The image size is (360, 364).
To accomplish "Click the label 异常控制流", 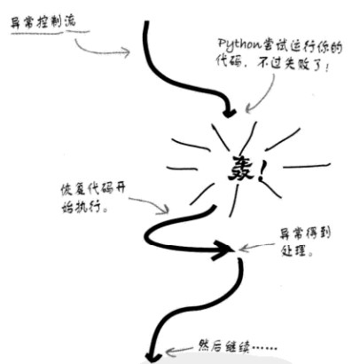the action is [x=43, y=22].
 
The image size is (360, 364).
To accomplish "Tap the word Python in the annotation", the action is [x=239, y=45].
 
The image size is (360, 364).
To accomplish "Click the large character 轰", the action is [x=241, y=169].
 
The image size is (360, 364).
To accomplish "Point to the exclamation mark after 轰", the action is [x=262, y=172].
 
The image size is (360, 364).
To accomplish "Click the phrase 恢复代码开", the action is [x=93, y=189].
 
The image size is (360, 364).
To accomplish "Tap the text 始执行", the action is [x=84, y=207].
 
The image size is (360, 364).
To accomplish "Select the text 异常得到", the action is [x=305, y=233].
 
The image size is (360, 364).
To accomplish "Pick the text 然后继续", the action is [x=224, y=346].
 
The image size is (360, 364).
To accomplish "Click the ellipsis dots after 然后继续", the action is [x=264, y=347].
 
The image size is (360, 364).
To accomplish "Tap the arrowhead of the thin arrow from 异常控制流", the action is [x=126, y=52].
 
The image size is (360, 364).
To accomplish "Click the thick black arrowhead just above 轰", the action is [x=229, y=113].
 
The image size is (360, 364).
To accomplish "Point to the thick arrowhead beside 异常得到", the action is [x=223, y=250].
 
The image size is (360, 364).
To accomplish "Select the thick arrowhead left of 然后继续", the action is [x=153, y=357].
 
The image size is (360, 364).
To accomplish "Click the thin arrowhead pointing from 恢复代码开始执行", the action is [x=165, y=210].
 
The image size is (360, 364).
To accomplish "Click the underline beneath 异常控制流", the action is [x=51, y=33].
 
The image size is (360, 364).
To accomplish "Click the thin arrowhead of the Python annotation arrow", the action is [x=249, y=109].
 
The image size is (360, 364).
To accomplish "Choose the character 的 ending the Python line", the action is [x=336, y=47].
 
